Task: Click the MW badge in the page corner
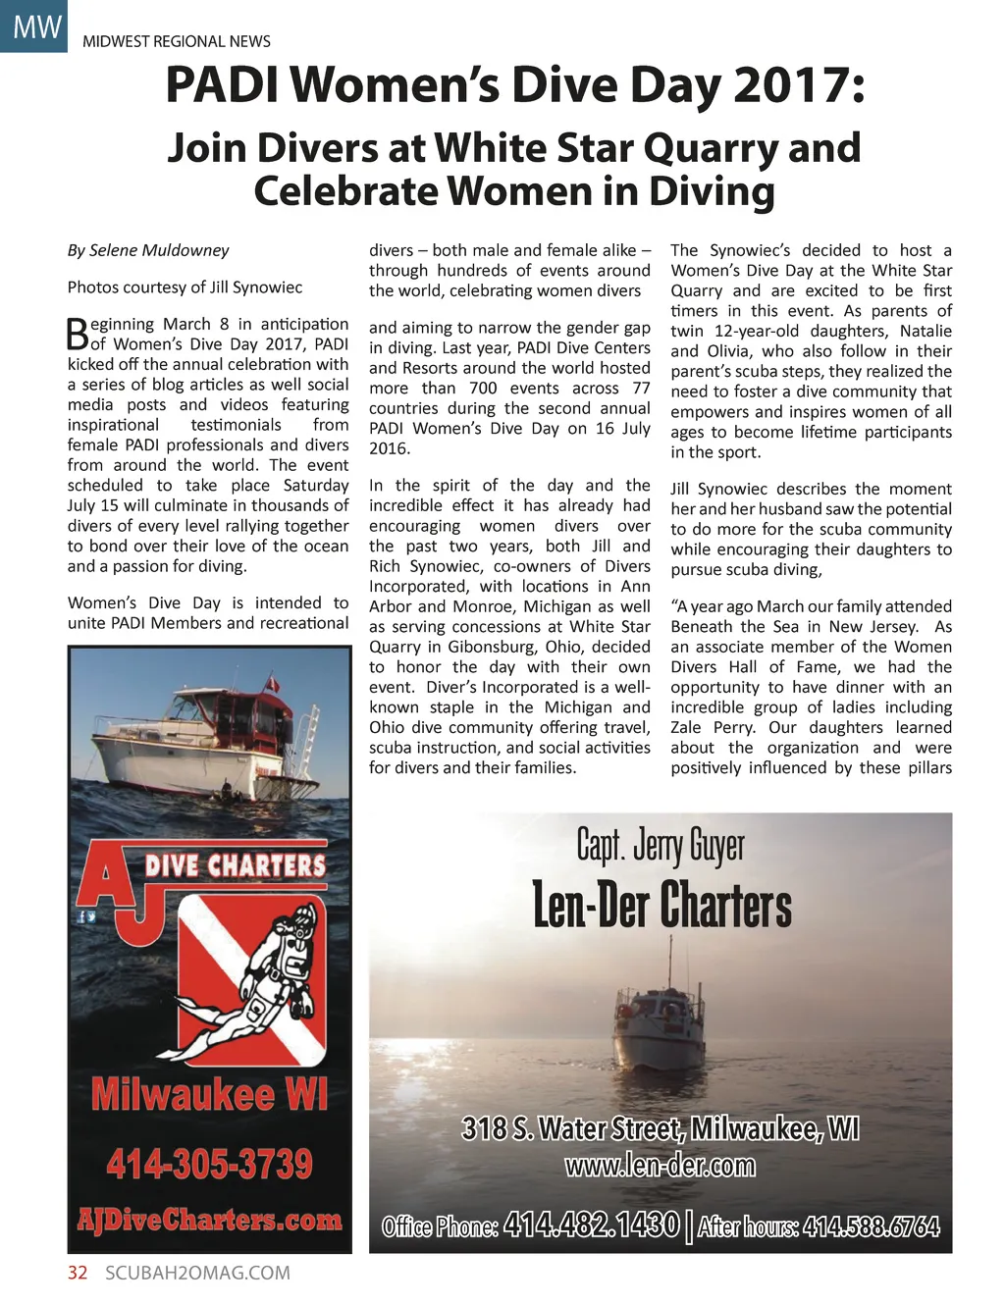(x=35, y=26)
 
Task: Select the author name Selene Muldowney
(x=159, y=250)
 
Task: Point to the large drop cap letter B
(x=78, y=334)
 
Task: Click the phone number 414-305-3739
(x=209, y=1165)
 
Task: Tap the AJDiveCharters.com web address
(x=209, y=1220)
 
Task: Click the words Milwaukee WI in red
(x=209, y=1094)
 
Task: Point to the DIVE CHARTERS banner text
(x=236, y=865)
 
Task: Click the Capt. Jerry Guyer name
(x=660, y=846)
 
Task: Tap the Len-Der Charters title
(x=661, y=905)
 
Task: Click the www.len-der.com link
(x=660, y=1166)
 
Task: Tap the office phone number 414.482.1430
(x=591, y=1225)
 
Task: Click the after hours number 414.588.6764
(x=871, y=1227)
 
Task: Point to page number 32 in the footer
(x=78, y=1273)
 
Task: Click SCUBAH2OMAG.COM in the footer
(x=197, y=1273)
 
